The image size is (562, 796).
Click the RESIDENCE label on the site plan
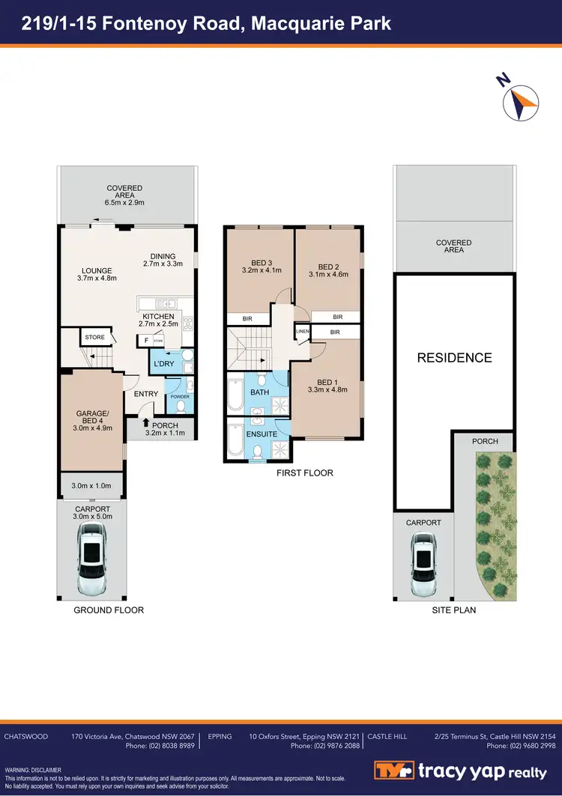(454, 358)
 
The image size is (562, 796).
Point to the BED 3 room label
(261, 263)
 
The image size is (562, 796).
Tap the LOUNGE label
(97, 271)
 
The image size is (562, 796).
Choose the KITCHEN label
(158, 317)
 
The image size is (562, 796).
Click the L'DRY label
(164, 365)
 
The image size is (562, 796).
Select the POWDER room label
(180, 397)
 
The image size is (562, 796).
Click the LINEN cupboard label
(303, 331)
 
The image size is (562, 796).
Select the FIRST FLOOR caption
(303, 473)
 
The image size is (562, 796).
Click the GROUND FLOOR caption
(109, 610)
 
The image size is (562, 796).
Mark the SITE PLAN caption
(454, 610)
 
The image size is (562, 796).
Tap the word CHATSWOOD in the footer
(26, 737)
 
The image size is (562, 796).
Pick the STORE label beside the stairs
(95, 338)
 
